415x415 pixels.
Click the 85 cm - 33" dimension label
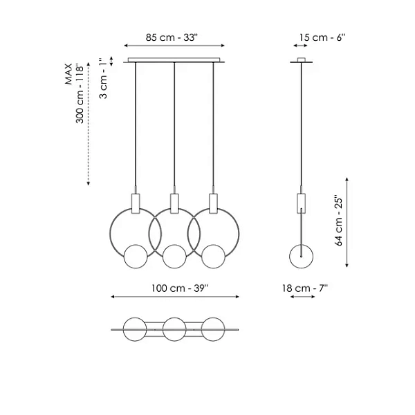[x=172, y=37]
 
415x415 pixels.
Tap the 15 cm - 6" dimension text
[x=322, y=37]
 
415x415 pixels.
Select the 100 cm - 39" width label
[x=180, y=288]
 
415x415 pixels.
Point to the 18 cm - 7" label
[x=305, y=288]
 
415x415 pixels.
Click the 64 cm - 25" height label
[x=339, y=221]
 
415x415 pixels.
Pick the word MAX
[x=68, y=74]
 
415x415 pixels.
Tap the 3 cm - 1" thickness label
[x=104, y=77]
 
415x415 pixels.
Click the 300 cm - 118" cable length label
[x=80, y=93]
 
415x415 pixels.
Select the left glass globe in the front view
[x=136, y=256]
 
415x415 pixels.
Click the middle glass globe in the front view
[x=174, y=256]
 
